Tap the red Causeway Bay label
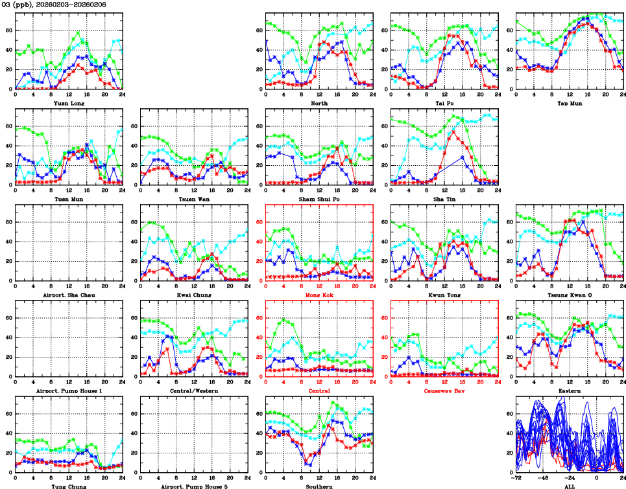444,391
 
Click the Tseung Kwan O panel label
569,295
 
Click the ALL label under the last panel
569,486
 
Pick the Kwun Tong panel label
444,295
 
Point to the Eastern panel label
569,391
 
